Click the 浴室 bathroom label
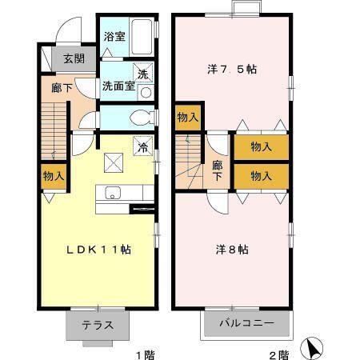click(114, 36)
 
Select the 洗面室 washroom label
click(117, 86)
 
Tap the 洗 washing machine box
click(143, 74)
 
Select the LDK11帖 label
click(98, 250)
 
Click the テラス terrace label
click(97, 326)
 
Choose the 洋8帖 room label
click(232, 250)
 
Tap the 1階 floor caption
click(144, 351)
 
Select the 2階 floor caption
click(277, 351)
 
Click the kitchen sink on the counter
click(112, 193)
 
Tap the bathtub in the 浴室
click(142, 36)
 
